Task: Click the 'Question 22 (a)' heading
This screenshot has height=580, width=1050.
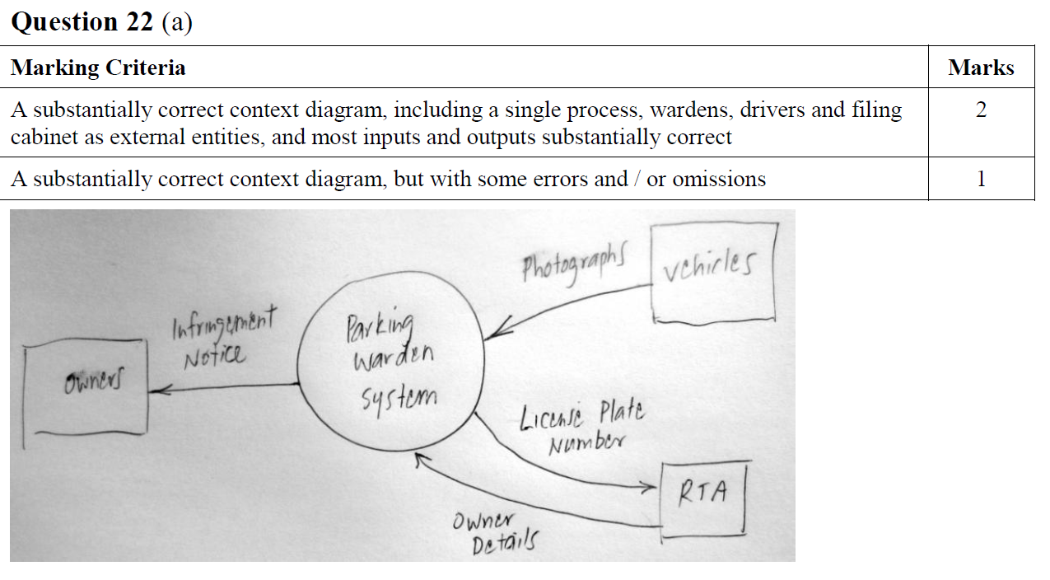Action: coord(101,22)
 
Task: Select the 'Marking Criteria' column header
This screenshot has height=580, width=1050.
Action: coord(98,68)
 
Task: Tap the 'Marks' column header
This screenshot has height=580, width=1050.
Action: coord(980,68)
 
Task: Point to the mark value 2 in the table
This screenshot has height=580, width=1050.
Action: coord(980,110)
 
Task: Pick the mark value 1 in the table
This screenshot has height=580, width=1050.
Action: coord(980,179)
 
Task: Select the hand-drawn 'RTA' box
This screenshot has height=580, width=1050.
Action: coord(704,498)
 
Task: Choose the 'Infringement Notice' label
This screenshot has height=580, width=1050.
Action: coord(223,336)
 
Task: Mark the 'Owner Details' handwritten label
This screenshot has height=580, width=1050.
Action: coord(494,534)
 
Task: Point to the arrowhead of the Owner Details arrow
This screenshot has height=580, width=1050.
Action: coord(418,459)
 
